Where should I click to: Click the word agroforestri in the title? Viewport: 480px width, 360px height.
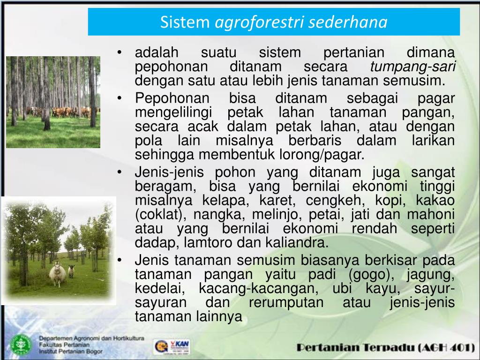[258, 22]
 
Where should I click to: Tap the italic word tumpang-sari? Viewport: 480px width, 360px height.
[412, 67]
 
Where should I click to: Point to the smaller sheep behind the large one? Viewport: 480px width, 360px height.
[71, 271]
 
